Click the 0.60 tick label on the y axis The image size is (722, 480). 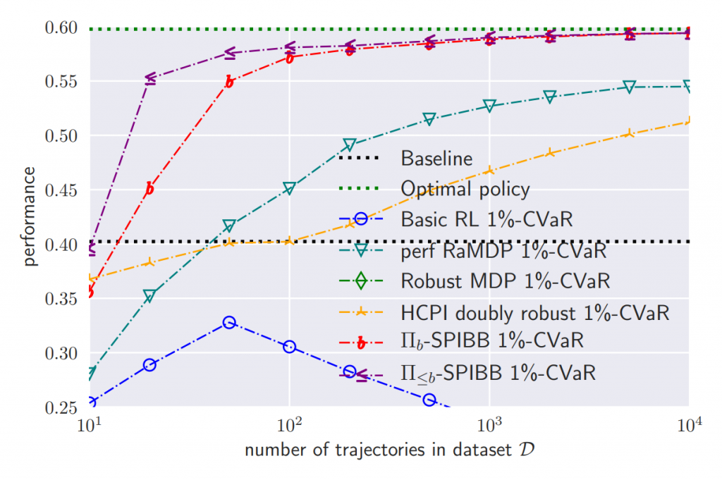tap(62, 28)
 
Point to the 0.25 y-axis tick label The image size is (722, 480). tap(62, 407)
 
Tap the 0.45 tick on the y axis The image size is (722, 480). tap(62, 190)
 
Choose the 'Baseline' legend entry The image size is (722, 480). tap(436, 159)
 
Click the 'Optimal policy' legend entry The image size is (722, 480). tap(465, 189)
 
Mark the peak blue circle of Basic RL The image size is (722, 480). tap(229, 322)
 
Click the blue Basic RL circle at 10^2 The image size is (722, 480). tap(289, 346)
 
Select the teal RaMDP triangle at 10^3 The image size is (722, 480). tap(489, 106)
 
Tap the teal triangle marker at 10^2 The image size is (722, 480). tap(289, 188)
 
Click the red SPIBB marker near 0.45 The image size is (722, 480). tap(149, 188)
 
